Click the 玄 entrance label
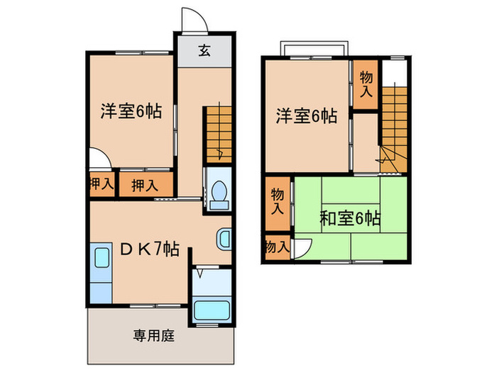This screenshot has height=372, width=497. coord(204,50)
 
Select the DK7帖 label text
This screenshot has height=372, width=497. coord(148,249)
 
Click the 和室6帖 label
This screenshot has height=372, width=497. coord(349,218)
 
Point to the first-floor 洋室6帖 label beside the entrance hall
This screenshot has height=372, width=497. coord(131,111)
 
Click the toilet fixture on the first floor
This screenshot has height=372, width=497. coord(219,191)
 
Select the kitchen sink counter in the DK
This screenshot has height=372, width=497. coord(100,272)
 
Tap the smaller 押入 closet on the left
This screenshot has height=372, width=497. coord(101,184)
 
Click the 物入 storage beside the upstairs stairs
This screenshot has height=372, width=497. coord(366,84)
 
